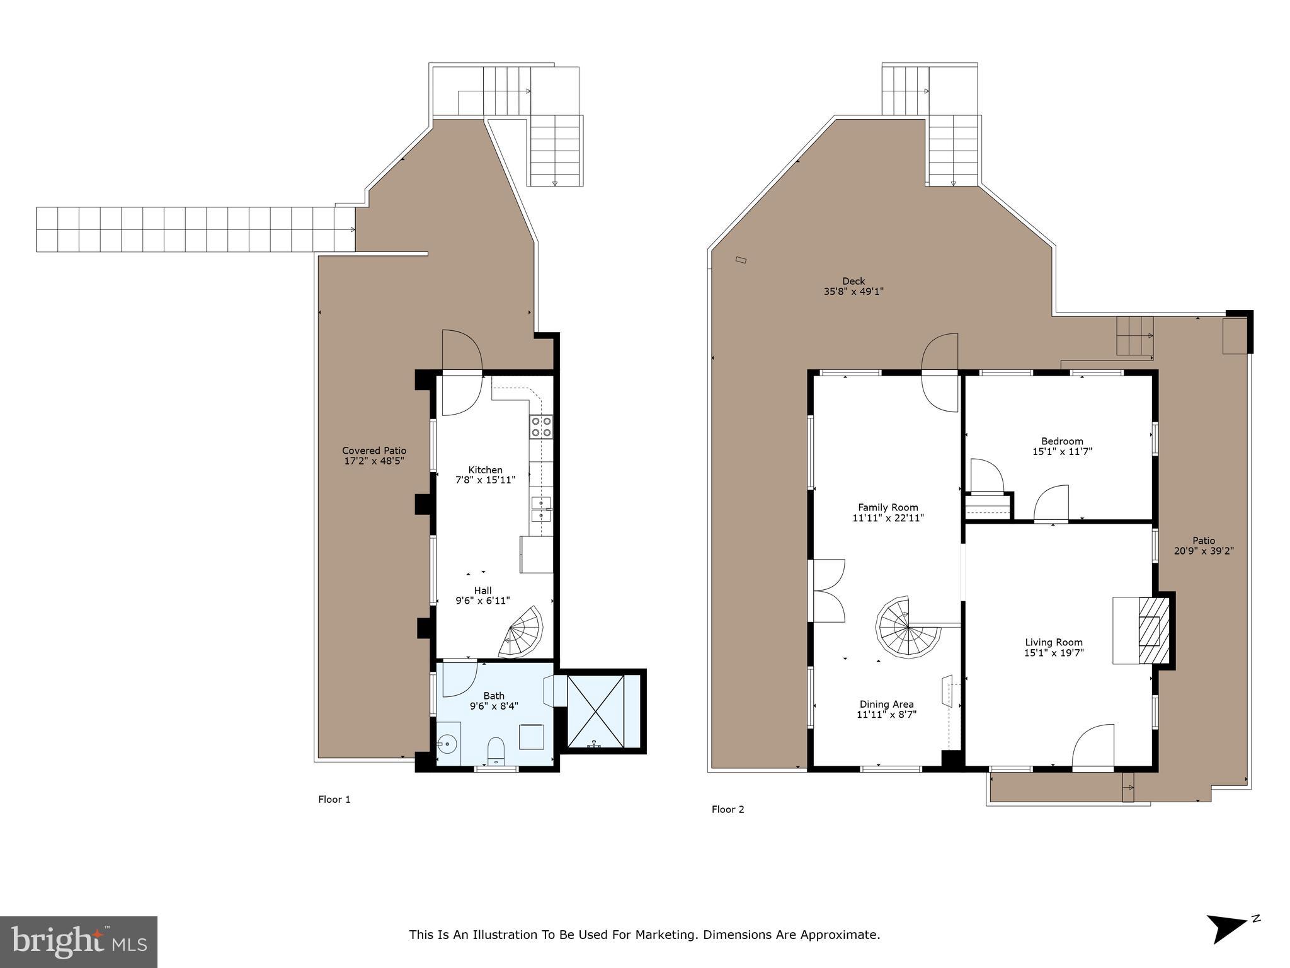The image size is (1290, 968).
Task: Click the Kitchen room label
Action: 485,470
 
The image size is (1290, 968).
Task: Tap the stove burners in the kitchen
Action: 541,427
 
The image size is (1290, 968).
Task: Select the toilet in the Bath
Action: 496,749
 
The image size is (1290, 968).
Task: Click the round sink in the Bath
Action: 447,744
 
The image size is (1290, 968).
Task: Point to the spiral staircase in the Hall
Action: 522,632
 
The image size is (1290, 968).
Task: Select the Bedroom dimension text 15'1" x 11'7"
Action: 1062,452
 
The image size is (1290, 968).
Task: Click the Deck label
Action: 853,281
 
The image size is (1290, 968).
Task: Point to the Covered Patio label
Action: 374,451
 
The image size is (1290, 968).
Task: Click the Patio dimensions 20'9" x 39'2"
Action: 1204,551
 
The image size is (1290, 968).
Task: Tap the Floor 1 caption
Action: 334,800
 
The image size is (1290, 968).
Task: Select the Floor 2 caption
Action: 728,810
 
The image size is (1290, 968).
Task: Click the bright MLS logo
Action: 78,942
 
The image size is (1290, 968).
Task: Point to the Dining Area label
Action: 886,705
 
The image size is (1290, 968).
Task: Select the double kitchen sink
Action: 541,509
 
